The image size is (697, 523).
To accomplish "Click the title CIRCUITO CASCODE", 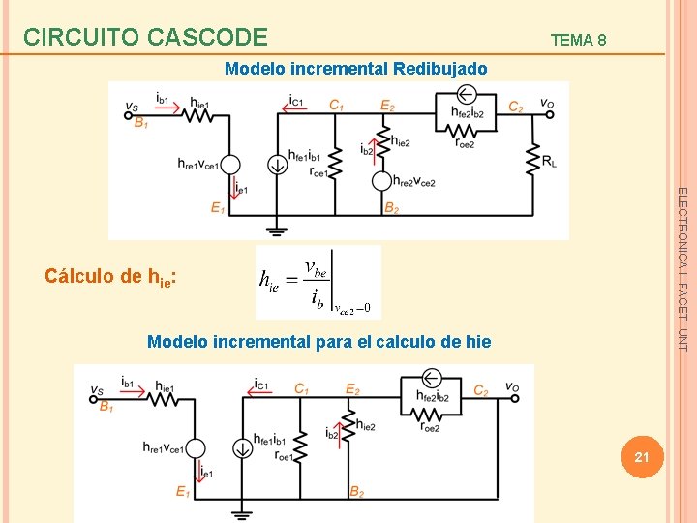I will click(x=145, y=37).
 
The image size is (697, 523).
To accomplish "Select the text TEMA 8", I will click(x=578, y=40).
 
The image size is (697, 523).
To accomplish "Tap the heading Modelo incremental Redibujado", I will click(x=355, y=69).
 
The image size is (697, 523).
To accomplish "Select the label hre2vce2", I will click(x=415, y=180).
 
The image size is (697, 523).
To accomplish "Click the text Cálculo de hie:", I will click(x=109, y=276).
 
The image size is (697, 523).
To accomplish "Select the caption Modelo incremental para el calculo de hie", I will click(x=318, y=342).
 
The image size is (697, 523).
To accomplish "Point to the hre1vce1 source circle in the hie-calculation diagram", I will click(x=195, y=447).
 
